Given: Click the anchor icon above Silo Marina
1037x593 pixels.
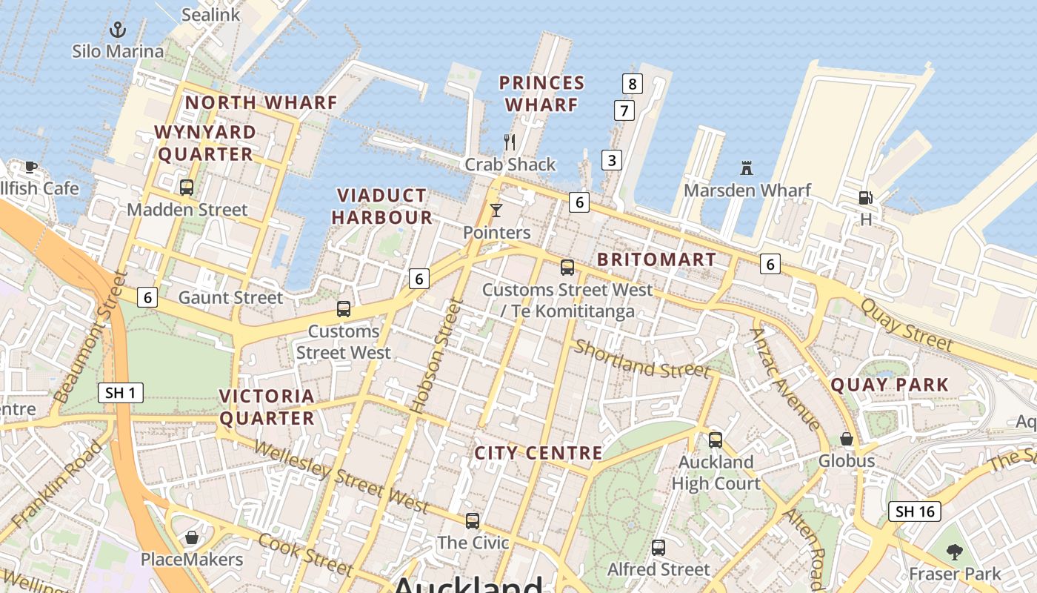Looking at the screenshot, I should [118, 30].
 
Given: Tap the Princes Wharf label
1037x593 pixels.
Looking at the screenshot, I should [541, 93].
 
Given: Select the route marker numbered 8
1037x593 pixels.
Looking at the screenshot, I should [632, 84].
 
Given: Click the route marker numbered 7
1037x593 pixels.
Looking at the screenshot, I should [624, 111].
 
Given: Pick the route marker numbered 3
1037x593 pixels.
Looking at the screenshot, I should [612, 159].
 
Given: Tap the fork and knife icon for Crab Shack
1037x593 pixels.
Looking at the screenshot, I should [510, 142].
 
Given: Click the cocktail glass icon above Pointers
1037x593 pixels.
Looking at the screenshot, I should [496, 211].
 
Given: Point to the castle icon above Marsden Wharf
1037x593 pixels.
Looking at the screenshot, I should [747, 168].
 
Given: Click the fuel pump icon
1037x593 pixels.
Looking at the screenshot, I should [865, 198].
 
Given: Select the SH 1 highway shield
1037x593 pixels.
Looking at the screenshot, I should [121, 393].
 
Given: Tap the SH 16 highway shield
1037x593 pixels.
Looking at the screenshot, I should [915, 511].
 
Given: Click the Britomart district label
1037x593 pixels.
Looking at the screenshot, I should [656, 259].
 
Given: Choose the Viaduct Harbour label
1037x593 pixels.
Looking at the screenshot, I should [382, 206].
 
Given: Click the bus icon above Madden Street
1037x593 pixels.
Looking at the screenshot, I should [187, 188].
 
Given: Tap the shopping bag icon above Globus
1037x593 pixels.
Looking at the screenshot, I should [847, 439].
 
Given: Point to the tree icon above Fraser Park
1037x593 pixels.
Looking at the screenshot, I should [955, 551].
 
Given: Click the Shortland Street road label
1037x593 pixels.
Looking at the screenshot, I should [642, 359].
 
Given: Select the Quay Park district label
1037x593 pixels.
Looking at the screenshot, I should [890, 385].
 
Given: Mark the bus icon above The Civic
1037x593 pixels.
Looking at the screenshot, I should [473, 521].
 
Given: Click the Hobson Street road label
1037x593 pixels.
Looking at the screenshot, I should [436, 355].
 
